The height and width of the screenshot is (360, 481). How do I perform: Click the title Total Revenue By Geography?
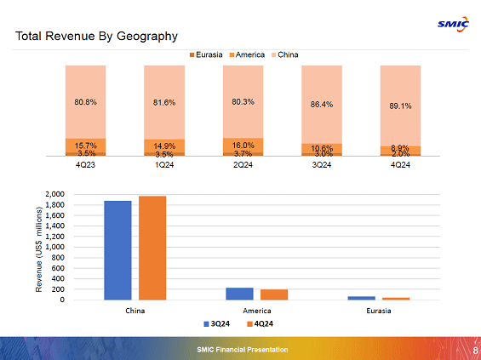pyautogui.click(x=96, y=36)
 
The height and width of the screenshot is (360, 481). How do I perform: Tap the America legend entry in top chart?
pyautogui.click(x=249, y=55)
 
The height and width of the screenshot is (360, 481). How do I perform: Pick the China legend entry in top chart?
pyautogui.click(x=285, y=55)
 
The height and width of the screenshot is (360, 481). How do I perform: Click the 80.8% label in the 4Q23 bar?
pyautogui.click(x=86, y=102)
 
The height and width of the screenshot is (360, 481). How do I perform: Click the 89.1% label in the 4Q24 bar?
pyautogui.click(x=400, y=106)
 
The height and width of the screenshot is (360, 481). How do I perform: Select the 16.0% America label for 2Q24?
pyautogui.click(x=243, y=146)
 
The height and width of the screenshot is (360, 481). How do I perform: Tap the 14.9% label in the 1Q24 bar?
pyautogui.click(x=164, y=146)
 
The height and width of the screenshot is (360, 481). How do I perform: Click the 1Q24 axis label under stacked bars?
pyautogui.click(x=164, y=164)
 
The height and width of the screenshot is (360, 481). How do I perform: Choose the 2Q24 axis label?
pyautogui.click(x=243, y=164)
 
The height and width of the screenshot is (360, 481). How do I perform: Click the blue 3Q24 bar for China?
pyautogui.click(x=117, y=250)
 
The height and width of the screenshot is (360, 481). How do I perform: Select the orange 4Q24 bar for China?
pyautogui.click(x=152, y=248)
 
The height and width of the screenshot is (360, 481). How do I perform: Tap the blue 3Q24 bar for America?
pyautogui.click(x=240, y=294)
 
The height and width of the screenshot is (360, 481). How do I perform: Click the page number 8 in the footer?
pyautogui.click(x=474, y=350)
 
